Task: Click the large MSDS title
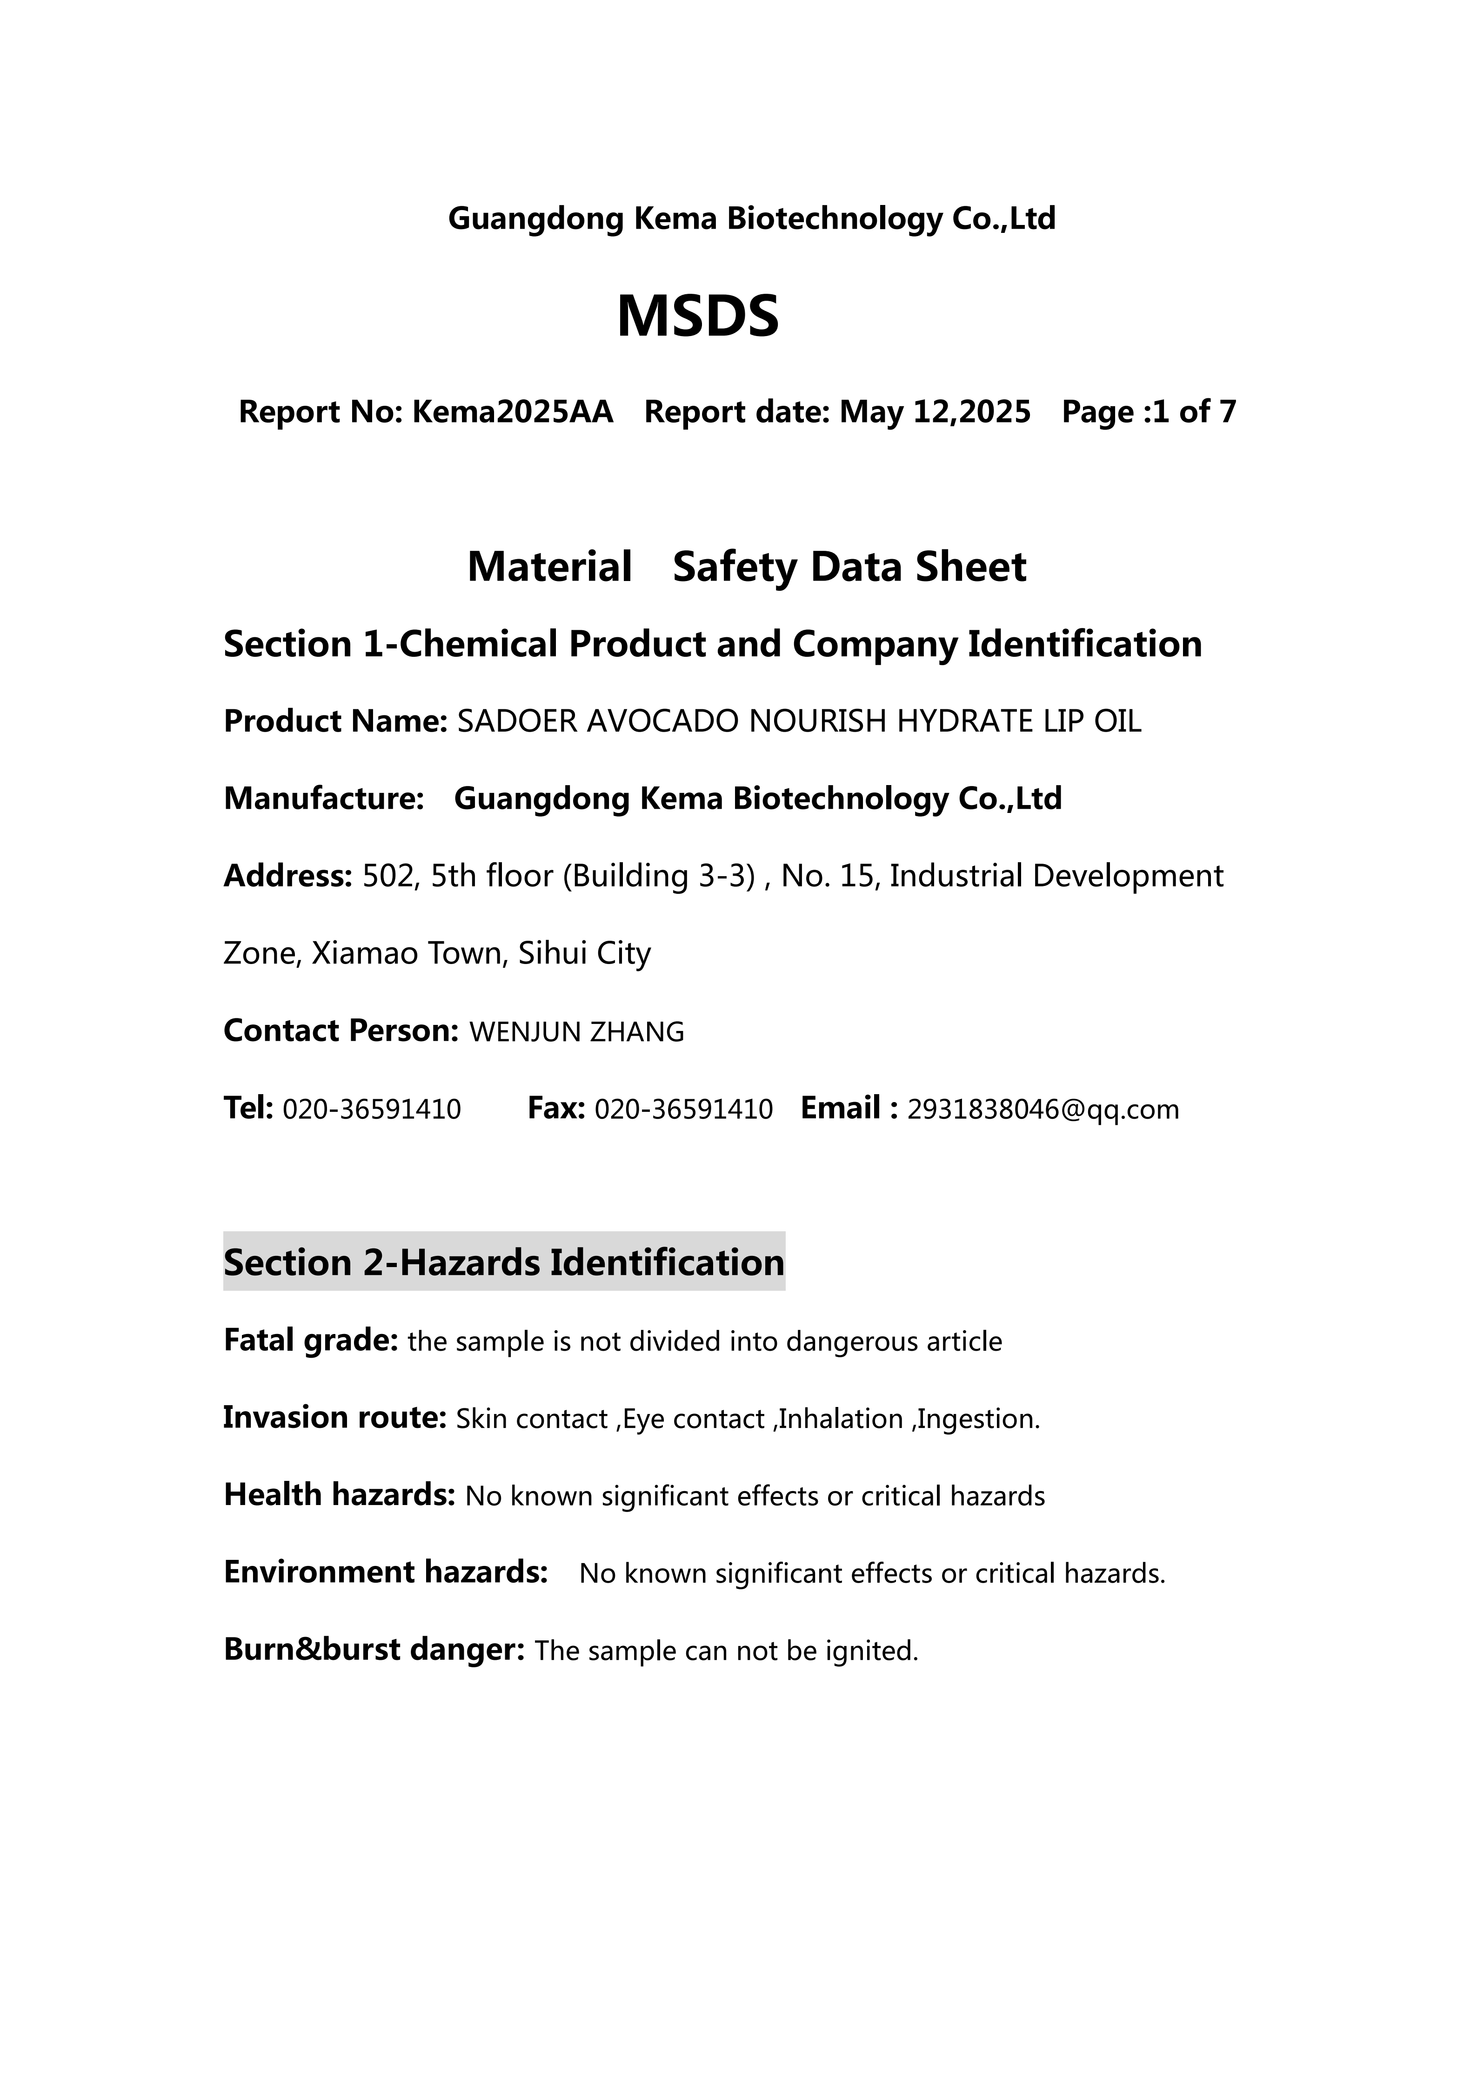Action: click(698, 317)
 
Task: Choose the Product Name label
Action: click(334, 722)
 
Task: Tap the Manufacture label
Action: click(324, 799)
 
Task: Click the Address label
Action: click(287, 876)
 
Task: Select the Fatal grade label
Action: click(310, 1341)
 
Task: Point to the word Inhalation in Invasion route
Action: click(840, 1419)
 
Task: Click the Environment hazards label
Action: click(386, 1572)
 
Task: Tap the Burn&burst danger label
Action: click(374, 1650)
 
